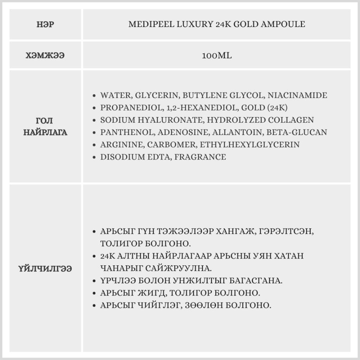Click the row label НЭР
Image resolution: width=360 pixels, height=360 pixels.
click(45, 24)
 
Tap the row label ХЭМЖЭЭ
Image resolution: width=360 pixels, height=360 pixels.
click(45, 56)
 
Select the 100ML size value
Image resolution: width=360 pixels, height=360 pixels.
click(217, 56)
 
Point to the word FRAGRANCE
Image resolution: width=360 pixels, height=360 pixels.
click(200, 157)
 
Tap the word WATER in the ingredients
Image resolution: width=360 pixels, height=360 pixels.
click(113, 95)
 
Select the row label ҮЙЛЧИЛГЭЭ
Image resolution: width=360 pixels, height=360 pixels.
click(45, 269)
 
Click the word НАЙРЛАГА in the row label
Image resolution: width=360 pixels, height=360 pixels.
click(45, 132)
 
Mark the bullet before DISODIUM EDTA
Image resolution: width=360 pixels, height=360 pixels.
click(94, 157)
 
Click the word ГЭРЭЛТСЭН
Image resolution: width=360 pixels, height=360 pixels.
click(288, 231)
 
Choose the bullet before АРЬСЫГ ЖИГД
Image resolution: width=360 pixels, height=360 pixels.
click(94, 293)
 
